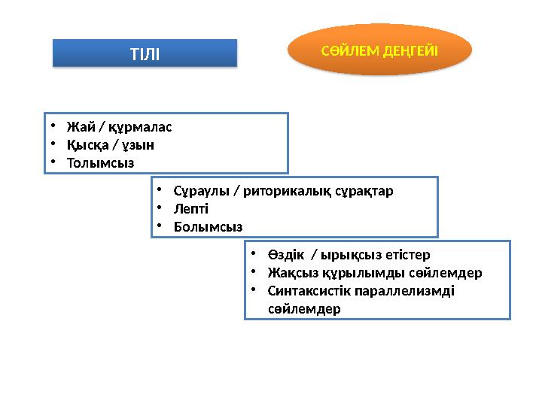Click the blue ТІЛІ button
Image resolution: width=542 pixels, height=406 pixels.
[145, 53]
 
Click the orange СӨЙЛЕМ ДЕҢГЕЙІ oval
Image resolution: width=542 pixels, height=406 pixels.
[380, 50]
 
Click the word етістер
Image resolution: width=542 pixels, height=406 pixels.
[406, 255]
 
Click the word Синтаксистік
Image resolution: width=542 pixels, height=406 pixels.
[310, 291]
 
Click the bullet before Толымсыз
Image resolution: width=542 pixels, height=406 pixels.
[55, 162]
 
